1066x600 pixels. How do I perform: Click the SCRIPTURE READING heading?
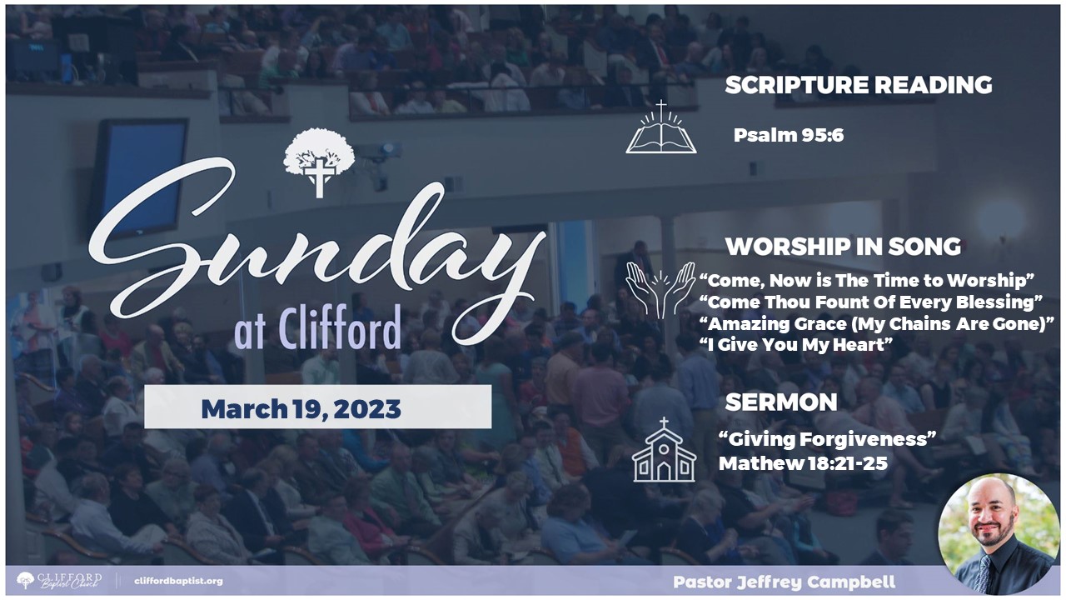coord(858,85)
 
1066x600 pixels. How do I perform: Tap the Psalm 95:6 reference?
coord(789,135)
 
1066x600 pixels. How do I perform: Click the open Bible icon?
coord(661,127)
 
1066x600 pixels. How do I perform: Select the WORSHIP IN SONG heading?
coord(843,247)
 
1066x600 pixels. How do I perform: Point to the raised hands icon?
coord(660,290)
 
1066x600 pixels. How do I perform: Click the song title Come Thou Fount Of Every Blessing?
coord(871,302)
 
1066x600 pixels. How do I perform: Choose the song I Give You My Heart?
coord(795,344)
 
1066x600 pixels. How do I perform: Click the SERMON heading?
coord(781,402)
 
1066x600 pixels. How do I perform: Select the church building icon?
coord(664,449)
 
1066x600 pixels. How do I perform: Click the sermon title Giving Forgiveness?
coord(827,439)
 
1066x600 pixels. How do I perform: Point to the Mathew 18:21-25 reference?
coord(803,463)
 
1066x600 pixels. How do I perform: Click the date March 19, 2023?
coord(301,409)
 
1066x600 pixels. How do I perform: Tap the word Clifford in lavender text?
coord(339,328)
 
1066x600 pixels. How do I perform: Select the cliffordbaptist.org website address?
coord(178,581)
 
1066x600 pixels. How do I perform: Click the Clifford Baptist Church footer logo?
coord(59,581)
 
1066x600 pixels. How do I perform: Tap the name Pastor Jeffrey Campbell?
coord(784,582)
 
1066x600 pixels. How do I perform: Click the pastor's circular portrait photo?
coord(999,534)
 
